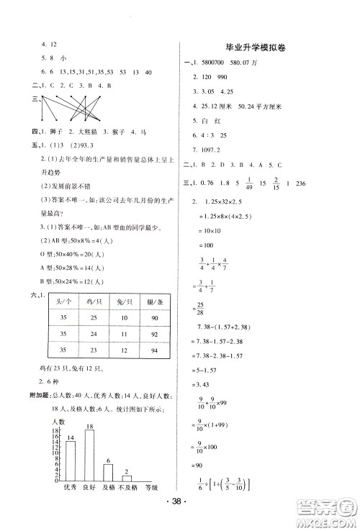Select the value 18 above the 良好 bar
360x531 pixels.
(x=91, y=427)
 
